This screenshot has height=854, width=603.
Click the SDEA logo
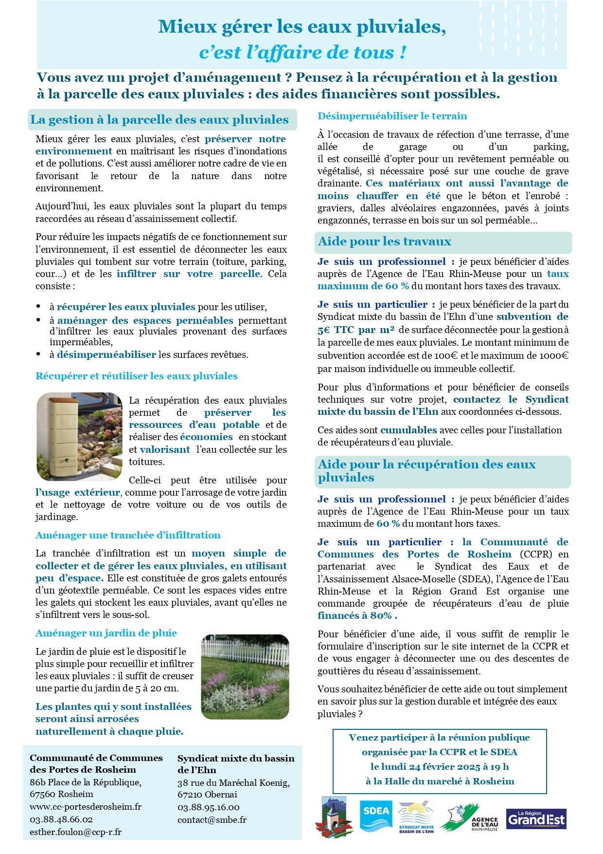[x=375, y=816]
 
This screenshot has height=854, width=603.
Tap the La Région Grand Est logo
[x=536, y=818]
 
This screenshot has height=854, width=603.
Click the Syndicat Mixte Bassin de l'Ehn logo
[x=416, y=818]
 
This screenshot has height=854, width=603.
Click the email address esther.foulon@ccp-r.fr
[x=75, y=832]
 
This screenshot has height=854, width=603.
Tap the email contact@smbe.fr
[x=212, y=819]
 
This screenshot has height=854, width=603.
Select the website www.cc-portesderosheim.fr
[x=86, y=806]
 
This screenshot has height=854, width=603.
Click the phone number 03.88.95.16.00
[x=208, y=807]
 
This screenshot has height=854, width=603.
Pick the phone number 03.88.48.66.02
[x=61, y=819]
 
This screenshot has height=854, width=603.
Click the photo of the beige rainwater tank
[x=80, y=436]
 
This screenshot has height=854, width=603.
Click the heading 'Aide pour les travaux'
[x=384, y=241]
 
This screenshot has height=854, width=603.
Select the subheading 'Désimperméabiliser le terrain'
[x=392, y=116]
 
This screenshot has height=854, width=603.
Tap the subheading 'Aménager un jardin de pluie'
[x=106, y=633]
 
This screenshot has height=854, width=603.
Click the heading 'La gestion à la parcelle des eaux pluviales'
[x=160, y=120]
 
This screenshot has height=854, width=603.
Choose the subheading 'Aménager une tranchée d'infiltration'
[x=128, y=535]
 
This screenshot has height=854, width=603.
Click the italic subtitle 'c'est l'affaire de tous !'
[x=302, y=53]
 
